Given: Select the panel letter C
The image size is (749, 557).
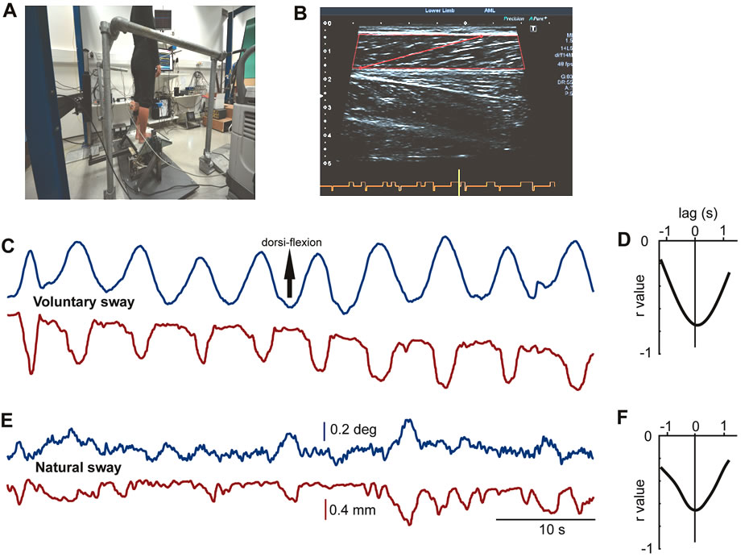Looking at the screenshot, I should pos(10,245).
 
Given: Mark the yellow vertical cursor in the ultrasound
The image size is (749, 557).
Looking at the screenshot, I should pos(459,183).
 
